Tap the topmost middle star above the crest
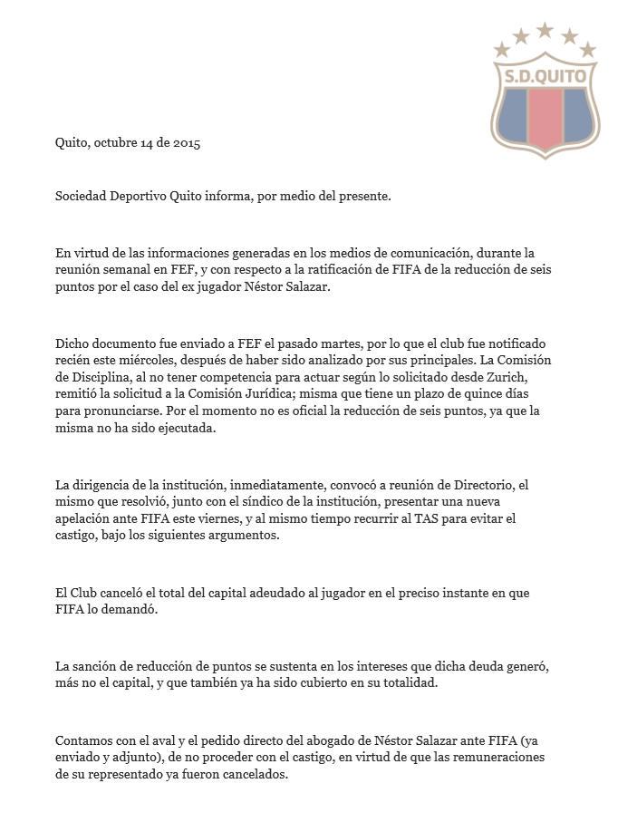(545, 31)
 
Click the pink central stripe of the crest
(545, 119)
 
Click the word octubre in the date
(115, 143)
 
